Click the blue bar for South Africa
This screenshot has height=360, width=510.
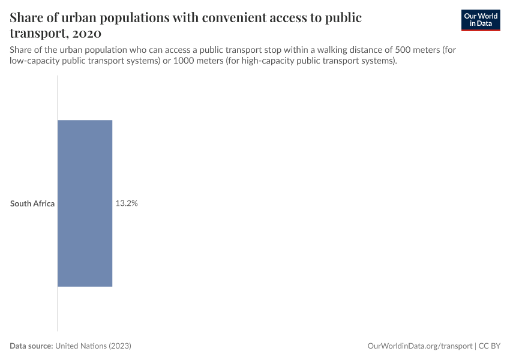[x=85, y=203]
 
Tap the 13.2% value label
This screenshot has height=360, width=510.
[x=127, y=203]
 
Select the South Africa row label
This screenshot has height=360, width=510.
[x=32, y=203]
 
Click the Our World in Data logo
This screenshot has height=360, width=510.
[x=481, y=20]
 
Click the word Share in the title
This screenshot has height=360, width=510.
[x=28, y=17]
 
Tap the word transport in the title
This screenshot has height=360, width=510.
[x=37, y=32]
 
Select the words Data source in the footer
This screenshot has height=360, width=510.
[x=31, y=346]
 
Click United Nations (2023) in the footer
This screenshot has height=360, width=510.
[x=93, y=346]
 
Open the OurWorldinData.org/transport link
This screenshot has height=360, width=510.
[x=419, y=346]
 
